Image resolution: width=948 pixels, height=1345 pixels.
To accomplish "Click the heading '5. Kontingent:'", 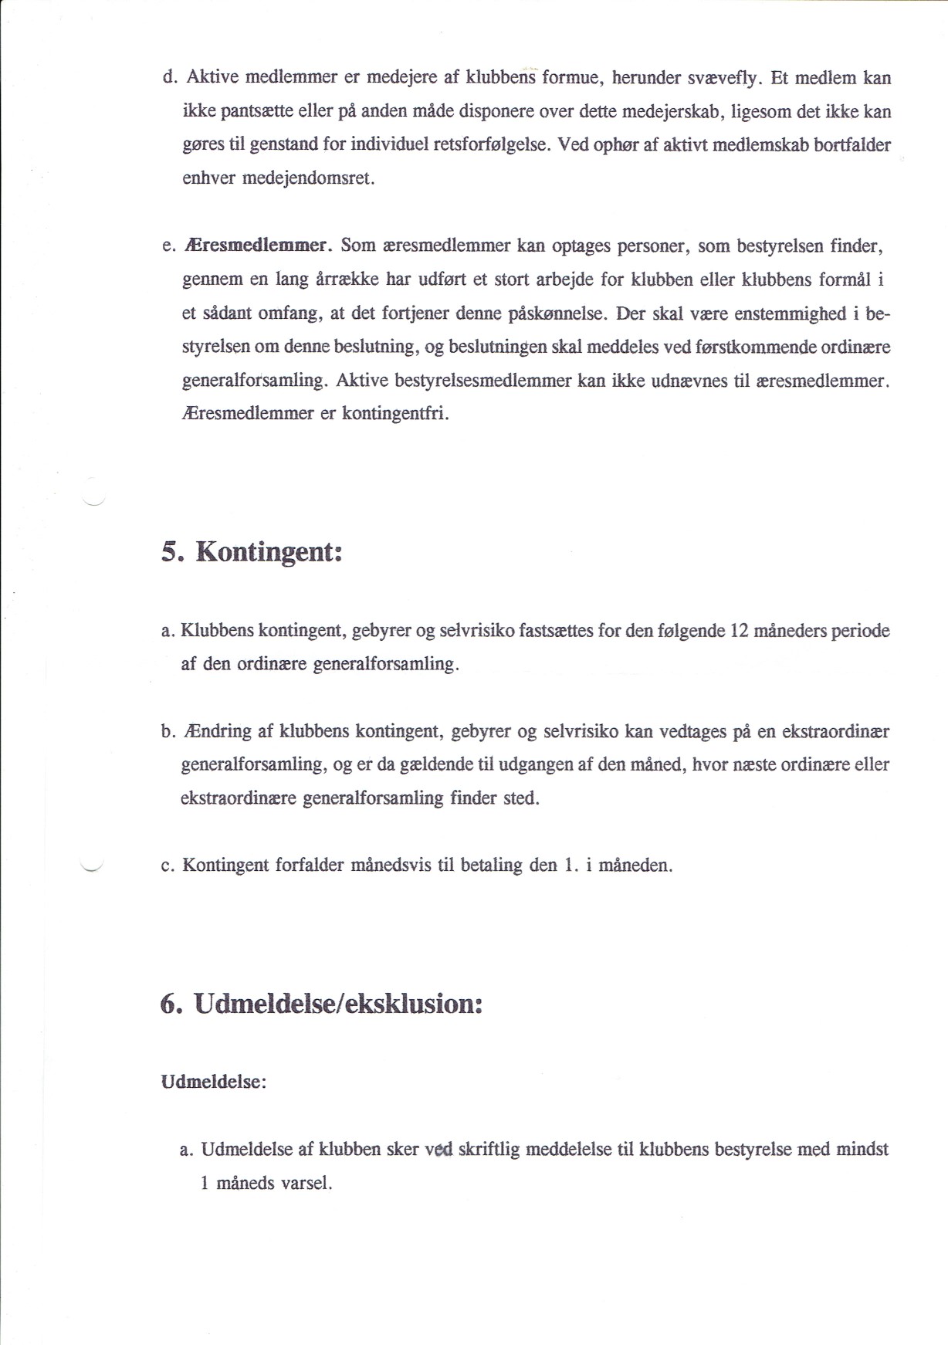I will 252,553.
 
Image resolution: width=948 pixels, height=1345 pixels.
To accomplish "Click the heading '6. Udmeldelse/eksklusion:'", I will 321,1004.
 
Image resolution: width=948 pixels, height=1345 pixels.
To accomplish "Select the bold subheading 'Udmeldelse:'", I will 213,1082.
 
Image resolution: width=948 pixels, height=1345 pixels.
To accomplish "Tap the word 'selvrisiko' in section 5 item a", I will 476,631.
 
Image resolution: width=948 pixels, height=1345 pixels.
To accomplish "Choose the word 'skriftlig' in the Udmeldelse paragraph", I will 489,1150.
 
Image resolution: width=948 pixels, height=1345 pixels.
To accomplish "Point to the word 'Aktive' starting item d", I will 212,78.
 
